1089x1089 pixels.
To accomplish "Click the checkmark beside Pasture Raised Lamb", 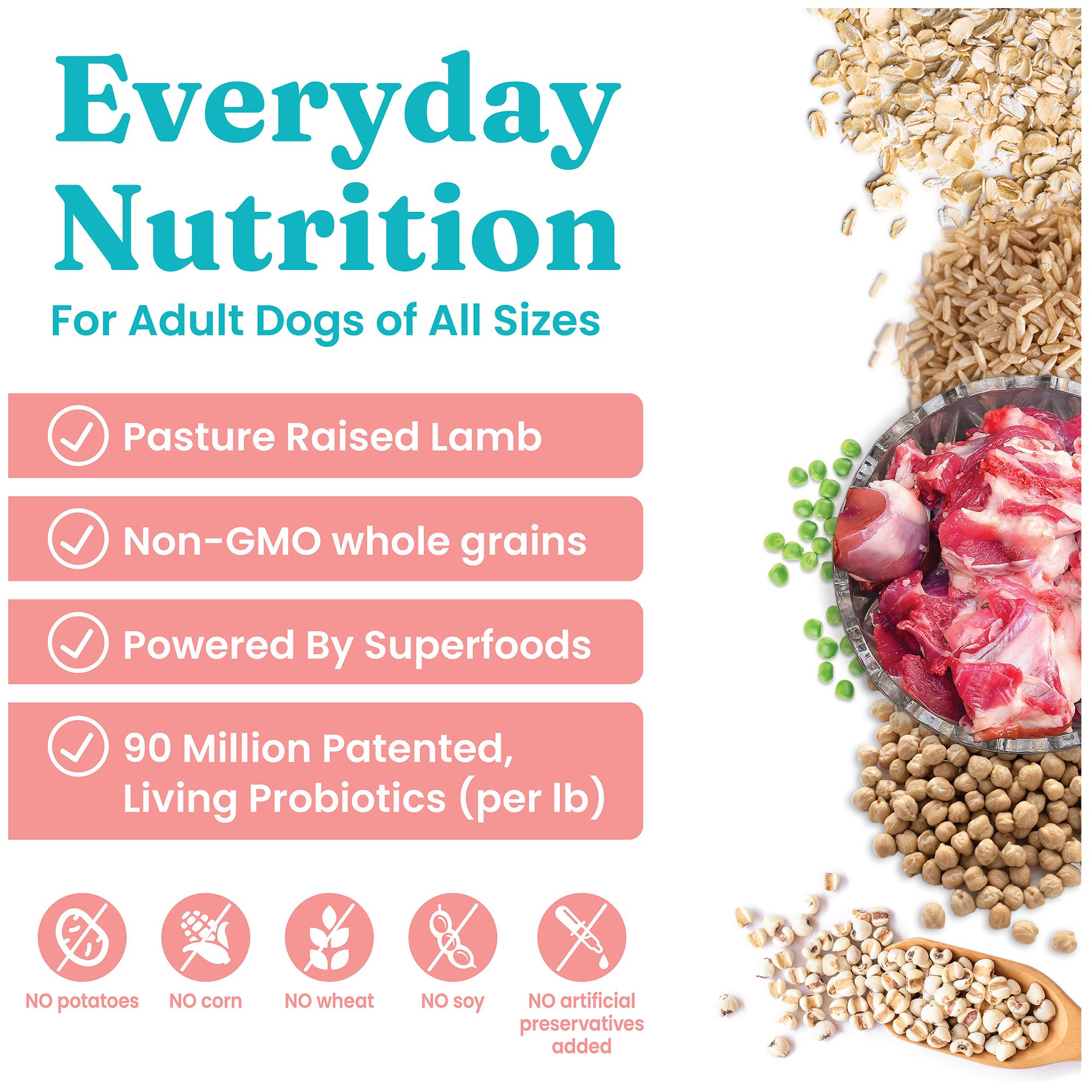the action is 78,436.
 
